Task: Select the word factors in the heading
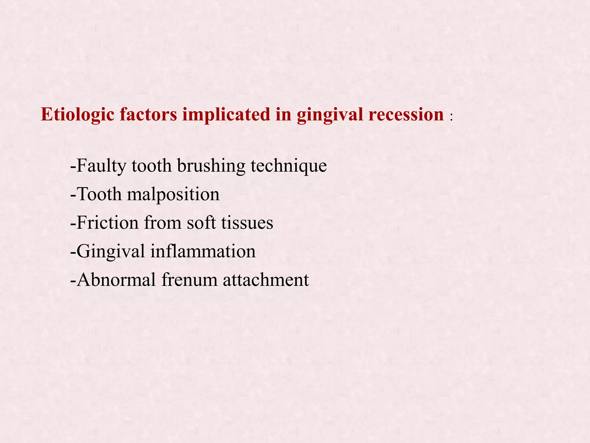pos(148,114)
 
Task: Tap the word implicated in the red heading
pos(226,115)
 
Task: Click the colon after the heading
pos(451,117)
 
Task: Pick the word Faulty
pos(101,166)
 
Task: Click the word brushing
pos(211,166)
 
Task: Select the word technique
pos(289,166)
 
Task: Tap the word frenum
pos(189,279)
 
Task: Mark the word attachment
pos(266,279)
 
